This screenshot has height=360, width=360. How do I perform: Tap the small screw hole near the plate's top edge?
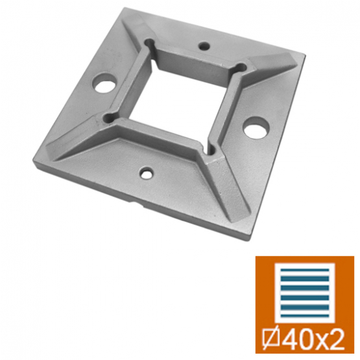click(204, 46)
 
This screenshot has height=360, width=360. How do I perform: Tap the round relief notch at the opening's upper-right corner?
click(241, 67)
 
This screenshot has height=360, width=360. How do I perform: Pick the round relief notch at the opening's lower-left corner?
click(108, 118)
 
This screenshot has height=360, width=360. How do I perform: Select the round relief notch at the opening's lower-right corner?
click(211, 150)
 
